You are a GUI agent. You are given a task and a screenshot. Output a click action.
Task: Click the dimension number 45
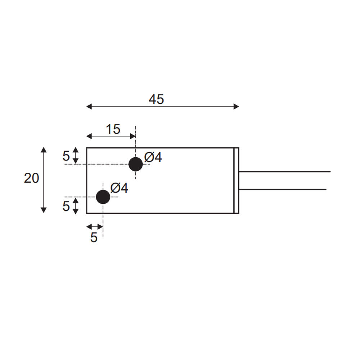156,99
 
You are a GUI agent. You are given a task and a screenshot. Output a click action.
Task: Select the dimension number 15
113,129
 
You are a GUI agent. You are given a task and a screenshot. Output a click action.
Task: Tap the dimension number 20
31,179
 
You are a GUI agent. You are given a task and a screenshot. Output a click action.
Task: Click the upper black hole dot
136,164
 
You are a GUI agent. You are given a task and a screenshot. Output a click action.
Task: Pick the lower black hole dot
103,197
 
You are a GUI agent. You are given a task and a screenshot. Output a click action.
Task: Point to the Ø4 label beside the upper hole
153,157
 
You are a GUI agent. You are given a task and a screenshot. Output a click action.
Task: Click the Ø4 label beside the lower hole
119,188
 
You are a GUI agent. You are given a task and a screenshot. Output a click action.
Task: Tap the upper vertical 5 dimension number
66,156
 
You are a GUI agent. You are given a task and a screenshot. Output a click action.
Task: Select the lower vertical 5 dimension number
66,206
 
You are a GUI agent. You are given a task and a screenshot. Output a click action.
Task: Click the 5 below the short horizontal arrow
94,237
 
